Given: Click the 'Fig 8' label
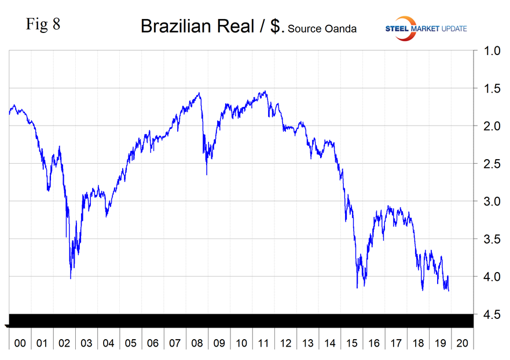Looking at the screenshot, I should point(43,25).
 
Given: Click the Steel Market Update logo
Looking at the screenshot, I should point(425,28).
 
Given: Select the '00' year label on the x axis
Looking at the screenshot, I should point(20,343).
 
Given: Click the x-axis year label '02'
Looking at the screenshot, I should point(64,343).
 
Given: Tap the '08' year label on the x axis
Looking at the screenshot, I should point(197,343).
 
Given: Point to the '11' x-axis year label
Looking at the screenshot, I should point(263,343).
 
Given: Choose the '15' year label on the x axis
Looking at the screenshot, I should point(352,343).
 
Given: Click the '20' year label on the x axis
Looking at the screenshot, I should point(463,343).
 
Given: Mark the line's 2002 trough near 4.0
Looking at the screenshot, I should point(71,278).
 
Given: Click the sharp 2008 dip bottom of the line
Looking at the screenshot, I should point(207,174).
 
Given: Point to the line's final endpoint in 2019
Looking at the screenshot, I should point(449,291).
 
